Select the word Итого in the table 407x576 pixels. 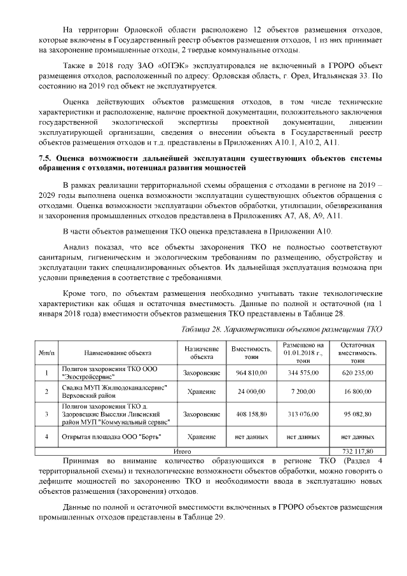coord(183,451)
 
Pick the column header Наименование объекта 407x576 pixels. coord(118,353)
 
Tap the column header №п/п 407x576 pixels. coord(47,353)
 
